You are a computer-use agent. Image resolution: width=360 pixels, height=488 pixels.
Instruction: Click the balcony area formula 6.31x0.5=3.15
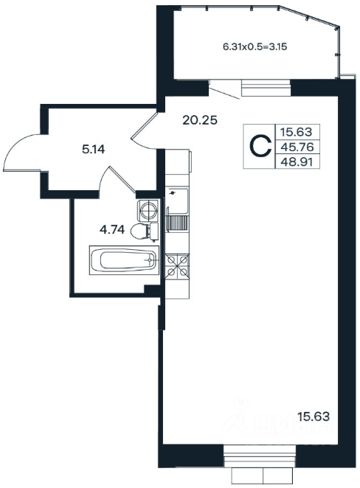[255, 47]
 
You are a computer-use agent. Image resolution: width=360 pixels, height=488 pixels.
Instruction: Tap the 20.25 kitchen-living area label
[200, 120]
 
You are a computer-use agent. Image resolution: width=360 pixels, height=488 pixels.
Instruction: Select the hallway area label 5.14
[94, 150]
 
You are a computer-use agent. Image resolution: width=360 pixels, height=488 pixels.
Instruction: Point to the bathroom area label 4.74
[112, 230]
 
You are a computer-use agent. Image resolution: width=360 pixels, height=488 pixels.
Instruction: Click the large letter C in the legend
[261, 146]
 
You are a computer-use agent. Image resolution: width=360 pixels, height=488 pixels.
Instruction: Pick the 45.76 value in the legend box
[297, 147]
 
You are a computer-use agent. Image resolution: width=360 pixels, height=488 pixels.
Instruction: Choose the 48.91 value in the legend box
[297, 162]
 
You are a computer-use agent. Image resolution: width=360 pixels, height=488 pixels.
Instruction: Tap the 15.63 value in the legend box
[296, 132]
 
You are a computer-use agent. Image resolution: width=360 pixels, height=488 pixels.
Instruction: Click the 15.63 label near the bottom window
[314, 416]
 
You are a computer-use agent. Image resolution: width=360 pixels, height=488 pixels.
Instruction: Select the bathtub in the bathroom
[124, 260]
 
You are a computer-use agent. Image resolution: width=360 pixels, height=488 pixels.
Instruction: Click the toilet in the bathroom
[145, 231]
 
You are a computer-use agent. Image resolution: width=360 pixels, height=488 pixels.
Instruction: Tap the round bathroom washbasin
[148, 210]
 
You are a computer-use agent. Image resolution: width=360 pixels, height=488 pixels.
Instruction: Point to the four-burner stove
[177, 266]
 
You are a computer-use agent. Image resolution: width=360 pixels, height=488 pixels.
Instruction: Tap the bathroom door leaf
[122, 178]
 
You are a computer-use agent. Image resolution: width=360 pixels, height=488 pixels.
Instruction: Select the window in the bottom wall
[260, 456]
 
